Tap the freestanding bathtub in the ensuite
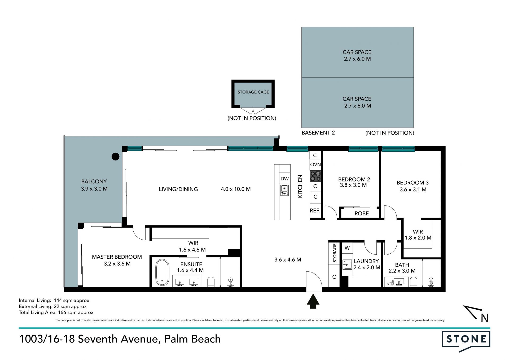click(162, 272)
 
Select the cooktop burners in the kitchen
click(315, 176)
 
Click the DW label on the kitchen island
click(285, 179)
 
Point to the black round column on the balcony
click(116, 157)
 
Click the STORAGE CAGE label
click(253, 92)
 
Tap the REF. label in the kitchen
click(315, 211)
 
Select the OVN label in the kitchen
click(315, 164)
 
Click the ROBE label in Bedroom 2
click(362, 214)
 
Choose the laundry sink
click(347, 264)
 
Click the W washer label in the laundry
click(347, 248)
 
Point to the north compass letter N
click(485, 318)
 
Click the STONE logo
click(466, 341)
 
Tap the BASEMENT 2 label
click(318, 133)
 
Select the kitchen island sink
click(285, 190)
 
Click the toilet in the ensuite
click(211, 282)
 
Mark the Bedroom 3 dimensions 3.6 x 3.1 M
click(413, 190)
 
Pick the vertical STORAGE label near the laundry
click(335, 253)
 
